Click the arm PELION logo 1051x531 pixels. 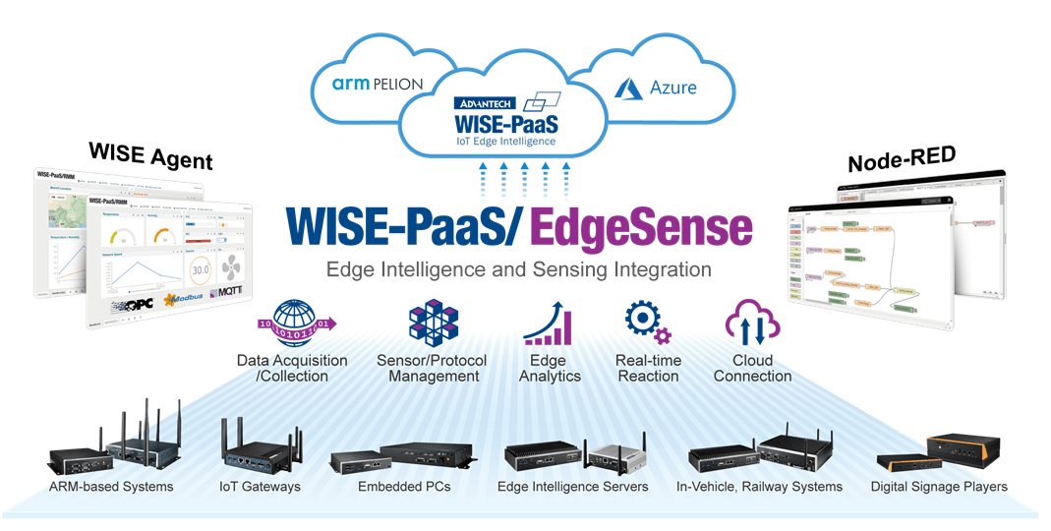pyautogui.click(x=377, y=85)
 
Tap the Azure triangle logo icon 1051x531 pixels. pyautogui.click(x=628, y=88)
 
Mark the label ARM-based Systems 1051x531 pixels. pyautogui.click(x=111, y=487)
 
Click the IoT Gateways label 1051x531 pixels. pyautogui.click(x=260, y=487)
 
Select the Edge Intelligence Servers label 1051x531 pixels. pyautogui.click(x=572, y=487)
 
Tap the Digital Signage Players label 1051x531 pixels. pyautogui.click(x=939, y=487)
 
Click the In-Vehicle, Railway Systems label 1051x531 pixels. pyautogui.click(x=759, y=487)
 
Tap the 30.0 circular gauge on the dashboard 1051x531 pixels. pyautogui.click(x=201, y=268)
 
